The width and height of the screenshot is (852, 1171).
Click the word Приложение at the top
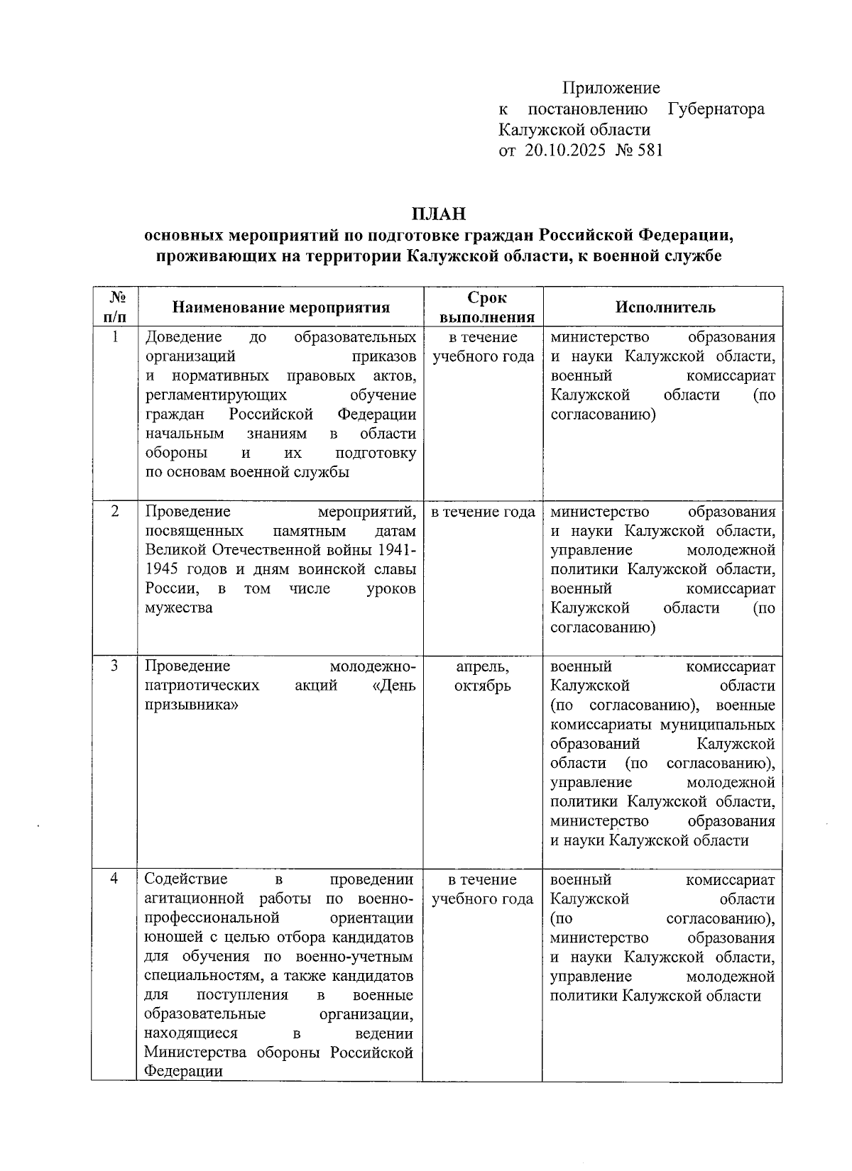click(x=611, y=88)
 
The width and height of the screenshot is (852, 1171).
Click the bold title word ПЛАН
click(x=438, y=214)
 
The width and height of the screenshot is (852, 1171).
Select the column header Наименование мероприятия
click(x=281, y=307)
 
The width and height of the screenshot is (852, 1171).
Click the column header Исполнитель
click(x=665, y=307)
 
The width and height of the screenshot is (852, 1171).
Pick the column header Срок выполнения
click(x=486, y=307)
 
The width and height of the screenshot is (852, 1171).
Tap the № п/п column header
click(x=116, y=307)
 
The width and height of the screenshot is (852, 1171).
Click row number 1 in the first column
click(x=116, y=337)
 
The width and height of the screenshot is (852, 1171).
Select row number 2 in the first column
click(x=116, y=512)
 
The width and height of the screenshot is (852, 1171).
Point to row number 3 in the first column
click(x=116, y=666)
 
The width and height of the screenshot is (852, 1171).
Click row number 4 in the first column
click(x=114, y=879)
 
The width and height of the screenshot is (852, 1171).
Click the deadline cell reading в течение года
click(x=483, y=512)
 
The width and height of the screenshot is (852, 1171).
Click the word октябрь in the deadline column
click(x=482, y=686)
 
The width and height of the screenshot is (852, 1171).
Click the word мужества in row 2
click(x=179, y=608)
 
